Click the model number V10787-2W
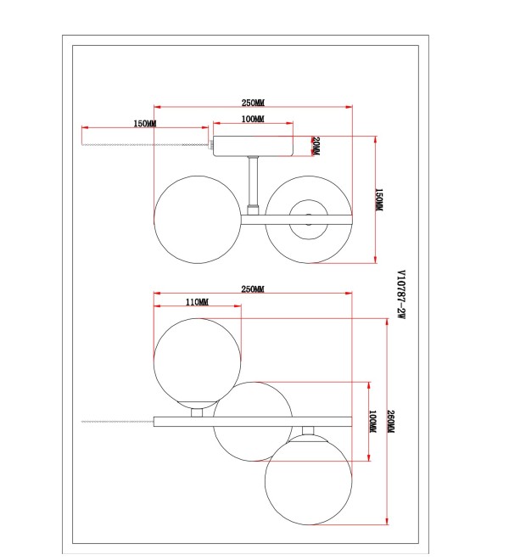tap(401, 294)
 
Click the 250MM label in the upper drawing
tap(254, 103)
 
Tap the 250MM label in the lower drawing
tap(253, 289)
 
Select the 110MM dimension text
tap(197, 302)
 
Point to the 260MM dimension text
tap(390, 422)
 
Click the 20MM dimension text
tap(316, 146)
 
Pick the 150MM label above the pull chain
tap(145, 124)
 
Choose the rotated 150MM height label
tap(379, 199)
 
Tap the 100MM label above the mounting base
tap(253, 119)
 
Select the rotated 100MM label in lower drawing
tap(372, 421)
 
